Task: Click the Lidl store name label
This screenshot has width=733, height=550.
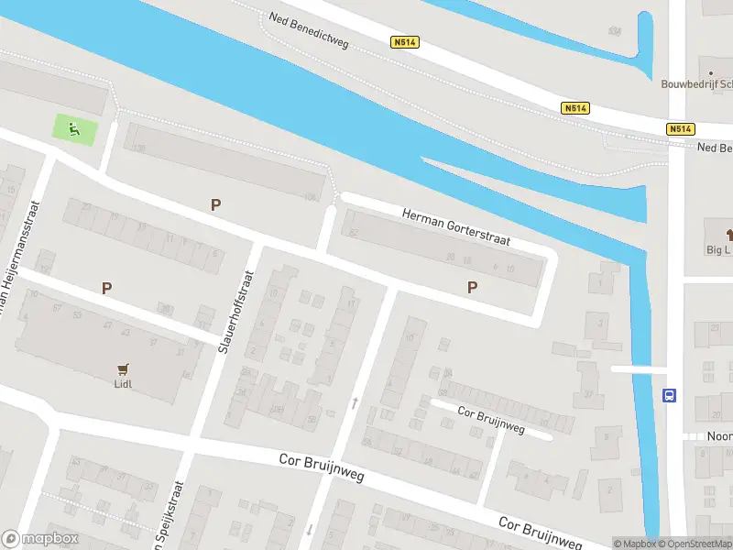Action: click(x=124, y=384)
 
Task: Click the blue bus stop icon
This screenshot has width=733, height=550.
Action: click(x=670, y=396)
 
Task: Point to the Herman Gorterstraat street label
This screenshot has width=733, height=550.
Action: click(x=454, y=227)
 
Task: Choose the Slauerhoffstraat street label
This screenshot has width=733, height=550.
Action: click(x=235, y=310)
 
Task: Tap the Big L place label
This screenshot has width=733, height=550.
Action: click(x=718, y=248)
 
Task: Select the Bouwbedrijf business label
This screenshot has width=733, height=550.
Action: click(x=696, y=83)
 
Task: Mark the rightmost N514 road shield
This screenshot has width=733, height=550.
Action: click(x=680, y=129)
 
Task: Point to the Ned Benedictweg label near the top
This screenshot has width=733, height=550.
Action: click(x=309, y=31)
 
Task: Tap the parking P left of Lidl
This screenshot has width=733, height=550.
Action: click(x=106, y=288)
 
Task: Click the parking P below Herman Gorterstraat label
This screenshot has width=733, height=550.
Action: click(x=472, y=287)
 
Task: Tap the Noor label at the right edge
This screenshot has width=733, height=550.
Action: click(x=719, y=436)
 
